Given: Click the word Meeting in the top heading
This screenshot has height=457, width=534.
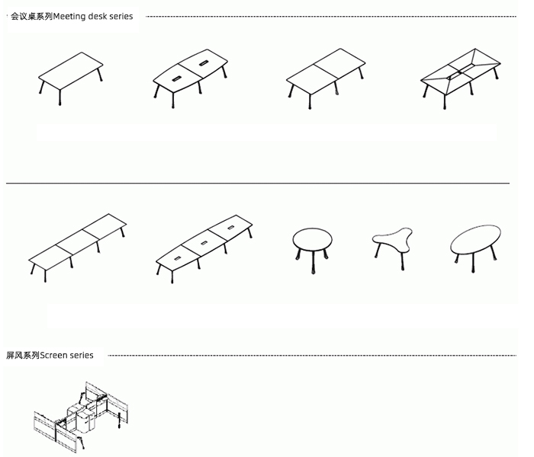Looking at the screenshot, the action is (x=69, y=16).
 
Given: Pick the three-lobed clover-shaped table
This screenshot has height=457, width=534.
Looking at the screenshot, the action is (x=392, y=248).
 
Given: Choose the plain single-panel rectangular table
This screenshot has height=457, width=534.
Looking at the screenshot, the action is (x=70, y=78).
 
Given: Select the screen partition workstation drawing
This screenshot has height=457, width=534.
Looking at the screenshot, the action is (x=81, y=417).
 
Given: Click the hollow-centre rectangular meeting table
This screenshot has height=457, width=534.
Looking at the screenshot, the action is (x=461, y=78).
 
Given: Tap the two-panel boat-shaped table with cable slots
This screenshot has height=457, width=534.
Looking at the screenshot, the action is (x=190, y=78).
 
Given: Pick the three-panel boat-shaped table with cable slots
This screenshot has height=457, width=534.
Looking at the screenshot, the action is (x=204, y=249).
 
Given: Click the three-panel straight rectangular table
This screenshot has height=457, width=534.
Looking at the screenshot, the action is (x=77, y=248).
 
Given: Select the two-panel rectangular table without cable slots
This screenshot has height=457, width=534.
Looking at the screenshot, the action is (x=326, y=78).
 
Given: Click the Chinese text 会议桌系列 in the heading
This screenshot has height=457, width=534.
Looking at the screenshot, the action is (x=32, y=16).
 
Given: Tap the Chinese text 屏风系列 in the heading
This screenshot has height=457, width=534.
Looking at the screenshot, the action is (x=23, y=356).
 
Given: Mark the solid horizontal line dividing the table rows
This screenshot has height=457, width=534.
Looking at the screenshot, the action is (x=258, y=184).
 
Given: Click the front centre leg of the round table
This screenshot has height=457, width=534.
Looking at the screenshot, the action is (x=313, y=262).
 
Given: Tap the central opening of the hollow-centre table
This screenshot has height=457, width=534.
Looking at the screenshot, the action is (x=461, y=70).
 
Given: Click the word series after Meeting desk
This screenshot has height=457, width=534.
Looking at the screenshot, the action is (x=121, y=16).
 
